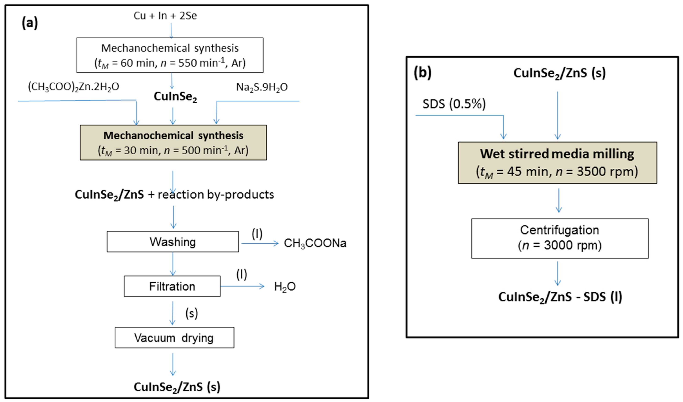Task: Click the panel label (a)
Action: click(30, 23)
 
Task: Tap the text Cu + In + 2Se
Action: click(165, 16)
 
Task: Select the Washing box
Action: click(173, 242)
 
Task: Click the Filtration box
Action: click(172, 286)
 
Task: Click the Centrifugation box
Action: click(560, 238)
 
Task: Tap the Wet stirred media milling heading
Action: click(557, 154)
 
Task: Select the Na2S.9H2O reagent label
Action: click(262, 87)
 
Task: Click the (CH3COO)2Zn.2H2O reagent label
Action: click(73, 87)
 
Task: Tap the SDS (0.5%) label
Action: click(454, 104)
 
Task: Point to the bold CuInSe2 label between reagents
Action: click(175, 96)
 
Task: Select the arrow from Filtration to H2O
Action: click(242, 286)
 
